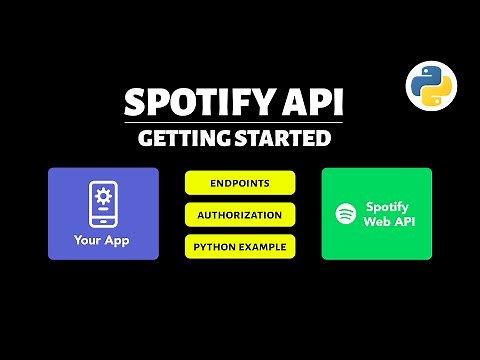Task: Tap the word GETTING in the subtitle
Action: [183, 139]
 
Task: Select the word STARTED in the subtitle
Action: [285, 139]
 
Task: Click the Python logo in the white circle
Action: [430, 86]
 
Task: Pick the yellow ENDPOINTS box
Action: [240, 183]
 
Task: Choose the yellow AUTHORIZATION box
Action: [240, 214]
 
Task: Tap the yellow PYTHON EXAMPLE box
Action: [240, 245]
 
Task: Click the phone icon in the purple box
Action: [103, 203]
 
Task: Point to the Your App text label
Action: [103, 240]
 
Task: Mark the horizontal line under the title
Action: [240, 123]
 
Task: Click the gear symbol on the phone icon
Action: [103, 200]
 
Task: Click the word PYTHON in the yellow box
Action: [215, 245]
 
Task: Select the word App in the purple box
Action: [118, 240]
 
